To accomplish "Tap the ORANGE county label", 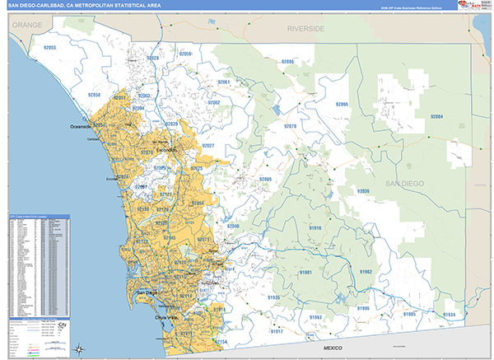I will tap(26, 25).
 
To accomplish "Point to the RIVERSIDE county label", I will tap(305, 29).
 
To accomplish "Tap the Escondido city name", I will tap(168, 152).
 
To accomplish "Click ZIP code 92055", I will tap(49, 49).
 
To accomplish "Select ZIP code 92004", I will tap(436, 117).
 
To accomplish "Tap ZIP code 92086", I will tap(287, 62).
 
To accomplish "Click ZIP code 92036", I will tap(363, 191).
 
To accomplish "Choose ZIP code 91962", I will tap(365, 272).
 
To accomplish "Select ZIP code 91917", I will tap(276, 331).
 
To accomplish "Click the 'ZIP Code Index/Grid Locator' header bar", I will tap(39, 218).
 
